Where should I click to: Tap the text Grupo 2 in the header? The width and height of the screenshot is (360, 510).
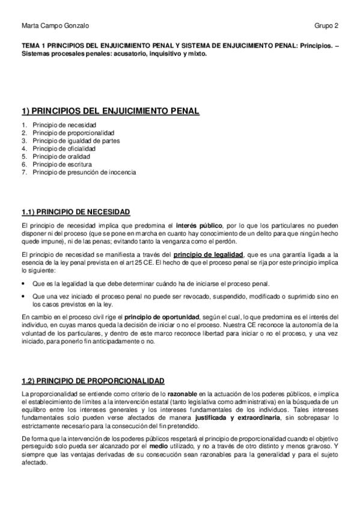326,26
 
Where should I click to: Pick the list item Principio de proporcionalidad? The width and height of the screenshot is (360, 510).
74,132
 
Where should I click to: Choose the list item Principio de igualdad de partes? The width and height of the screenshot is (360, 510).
76,140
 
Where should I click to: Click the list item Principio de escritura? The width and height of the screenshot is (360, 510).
63,164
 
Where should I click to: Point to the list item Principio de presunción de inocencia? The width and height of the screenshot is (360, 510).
85,171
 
